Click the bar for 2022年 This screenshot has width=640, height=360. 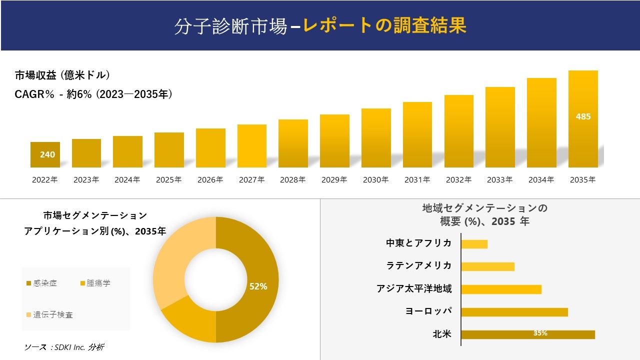click(x=45, y=154)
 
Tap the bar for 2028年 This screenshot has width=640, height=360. click(x=293, y=143)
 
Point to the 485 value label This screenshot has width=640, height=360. click(x=583, y=116)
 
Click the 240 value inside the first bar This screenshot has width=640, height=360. click(x=47, y=154)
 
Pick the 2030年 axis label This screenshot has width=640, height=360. click(x=375, y=180)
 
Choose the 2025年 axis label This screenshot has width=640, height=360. click(x=168, y=180)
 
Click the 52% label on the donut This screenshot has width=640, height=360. click(x=258, y=286)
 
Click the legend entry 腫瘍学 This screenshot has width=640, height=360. click(x=98, y=283)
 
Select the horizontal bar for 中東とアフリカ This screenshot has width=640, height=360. click(x=474, y=244)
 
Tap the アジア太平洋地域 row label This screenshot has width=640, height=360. click(x=414, y=289)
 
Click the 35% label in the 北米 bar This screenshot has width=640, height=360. click(x=540, y=333)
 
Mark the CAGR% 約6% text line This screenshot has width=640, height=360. click(x=93, y=94)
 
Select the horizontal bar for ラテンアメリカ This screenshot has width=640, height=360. click(x=487, y=266)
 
